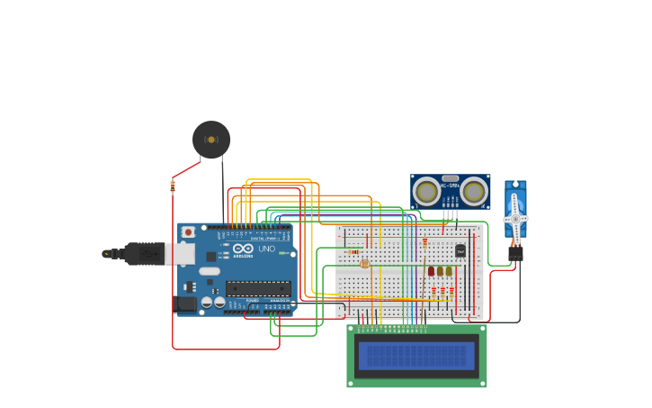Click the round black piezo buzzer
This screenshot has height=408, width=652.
(211, 140)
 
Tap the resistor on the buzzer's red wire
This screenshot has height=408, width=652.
(173, 186)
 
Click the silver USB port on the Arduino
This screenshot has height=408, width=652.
(180, 255)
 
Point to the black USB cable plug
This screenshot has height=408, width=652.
(144, 254)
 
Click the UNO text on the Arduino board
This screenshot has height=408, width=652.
(267, 249)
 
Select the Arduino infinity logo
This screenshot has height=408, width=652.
(243, 249)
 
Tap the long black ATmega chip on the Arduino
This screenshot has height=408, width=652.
(258, 288)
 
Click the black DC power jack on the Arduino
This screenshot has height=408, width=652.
(184, 304)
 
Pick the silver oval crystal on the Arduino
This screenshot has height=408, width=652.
(209, 270)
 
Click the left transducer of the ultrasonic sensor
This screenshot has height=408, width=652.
(427, 192)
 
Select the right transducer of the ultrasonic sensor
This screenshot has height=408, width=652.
(474, 192)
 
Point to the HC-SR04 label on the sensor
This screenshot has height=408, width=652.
(450, 185)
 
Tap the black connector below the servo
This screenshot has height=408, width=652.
(515, 254)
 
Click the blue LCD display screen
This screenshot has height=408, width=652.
(416, 356)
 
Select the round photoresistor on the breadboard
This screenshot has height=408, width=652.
(364, 264)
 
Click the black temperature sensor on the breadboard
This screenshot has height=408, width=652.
(460, 251)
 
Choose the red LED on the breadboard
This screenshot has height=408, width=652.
(431, 271)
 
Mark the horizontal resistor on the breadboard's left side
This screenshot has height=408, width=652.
(353, 251)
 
